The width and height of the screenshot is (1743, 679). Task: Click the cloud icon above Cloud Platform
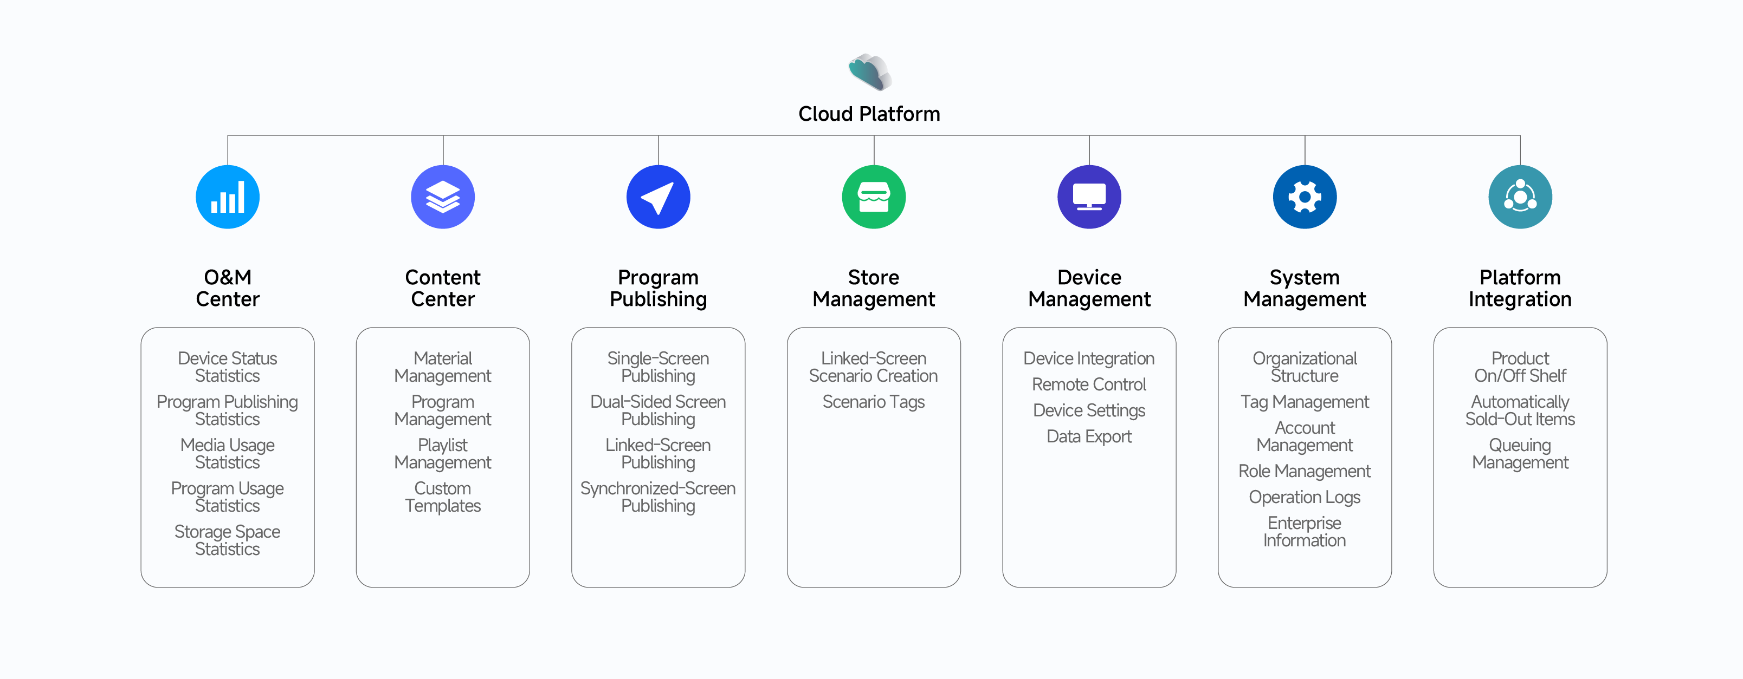pos(870,71)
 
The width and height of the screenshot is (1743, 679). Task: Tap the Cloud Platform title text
pos(869,114)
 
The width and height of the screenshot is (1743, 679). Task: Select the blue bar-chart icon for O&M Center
pos(227,197)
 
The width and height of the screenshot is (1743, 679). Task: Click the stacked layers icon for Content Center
pos(442,197)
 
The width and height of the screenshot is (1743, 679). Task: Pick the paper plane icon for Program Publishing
pos(657,197)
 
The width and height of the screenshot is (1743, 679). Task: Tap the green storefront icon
pos(874,197)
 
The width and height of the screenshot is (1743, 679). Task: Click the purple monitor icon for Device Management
pos(1089,197)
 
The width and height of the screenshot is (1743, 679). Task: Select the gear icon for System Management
pos(1304,197)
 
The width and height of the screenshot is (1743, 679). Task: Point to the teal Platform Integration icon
pos(1520,197)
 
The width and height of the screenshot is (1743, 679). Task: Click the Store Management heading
pos(874,288)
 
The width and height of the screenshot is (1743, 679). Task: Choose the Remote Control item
pos(1089,384)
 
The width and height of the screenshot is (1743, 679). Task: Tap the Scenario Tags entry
pos(874,402)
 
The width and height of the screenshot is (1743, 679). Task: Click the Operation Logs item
pos(1304,497)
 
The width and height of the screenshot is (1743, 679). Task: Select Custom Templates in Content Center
pos(442,497)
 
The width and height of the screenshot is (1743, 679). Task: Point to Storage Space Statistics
pos(227,540)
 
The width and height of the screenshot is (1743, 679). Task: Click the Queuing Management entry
pos(1520,454)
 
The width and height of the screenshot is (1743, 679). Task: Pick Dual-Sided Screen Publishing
pos(657,410)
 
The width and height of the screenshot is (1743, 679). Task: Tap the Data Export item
pos(1089,436)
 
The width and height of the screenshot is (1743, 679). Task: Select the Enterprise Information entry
pos(1304,532)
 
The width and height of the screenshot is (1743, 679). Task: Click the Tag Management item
pos(1304,402)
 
